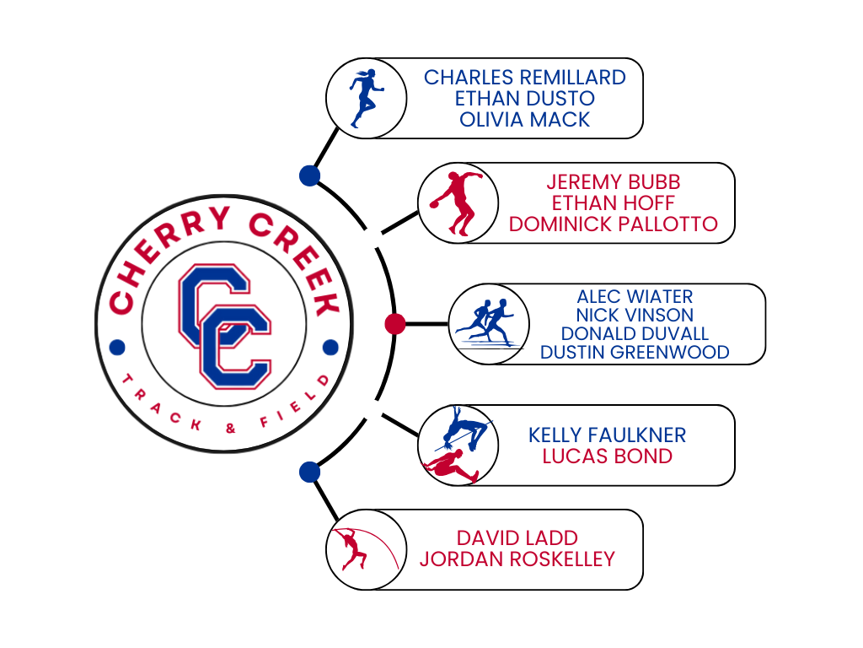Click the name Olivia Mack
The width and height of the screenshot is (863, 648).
[x=524, y=119]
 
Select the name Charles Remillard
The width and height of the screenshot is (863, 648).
[x=524, y=78]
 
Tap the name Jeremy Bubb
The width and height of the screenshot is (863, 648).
[x=613, y=182]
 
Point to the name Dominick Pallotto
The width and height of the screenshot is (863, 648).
[x=613, y=224]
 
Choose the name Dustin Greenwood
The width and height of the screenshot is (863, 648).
[x=635, y=353]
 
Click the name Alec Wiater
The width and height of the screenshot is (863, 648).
[x=635, y=297]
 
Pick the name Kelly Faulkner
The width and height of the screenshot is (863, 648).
[x=607, y=435]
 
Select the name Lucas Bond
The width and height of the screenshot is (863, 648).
[x=607, y=456]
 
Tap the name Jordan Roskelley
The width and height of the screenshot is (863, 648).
[x=517, y=559]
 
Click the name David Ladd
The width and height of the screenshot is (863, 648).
[x=517, y=537]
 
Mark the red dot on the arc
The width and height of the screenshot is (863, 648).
[x=394, y=323]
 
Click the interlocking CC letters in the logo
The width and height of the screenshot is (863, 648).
[x=224, y=325]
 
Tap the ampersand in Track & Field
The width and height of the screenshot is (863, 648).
[x=229, y=429]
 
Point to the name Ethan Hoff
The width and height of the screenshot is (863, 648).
[x=613, y=203]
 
